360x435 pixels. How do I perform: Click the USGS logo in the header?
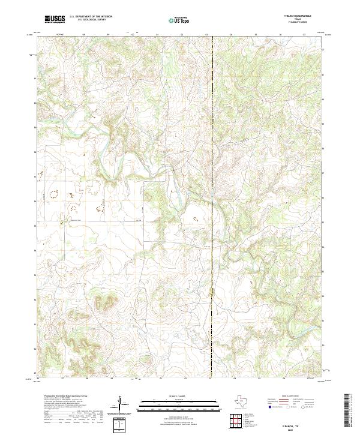(55, 19)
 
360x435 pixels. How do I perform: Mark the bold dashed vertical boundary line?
(212, 180)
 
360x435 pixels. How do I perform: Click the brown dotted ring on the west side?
(53, 194)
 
